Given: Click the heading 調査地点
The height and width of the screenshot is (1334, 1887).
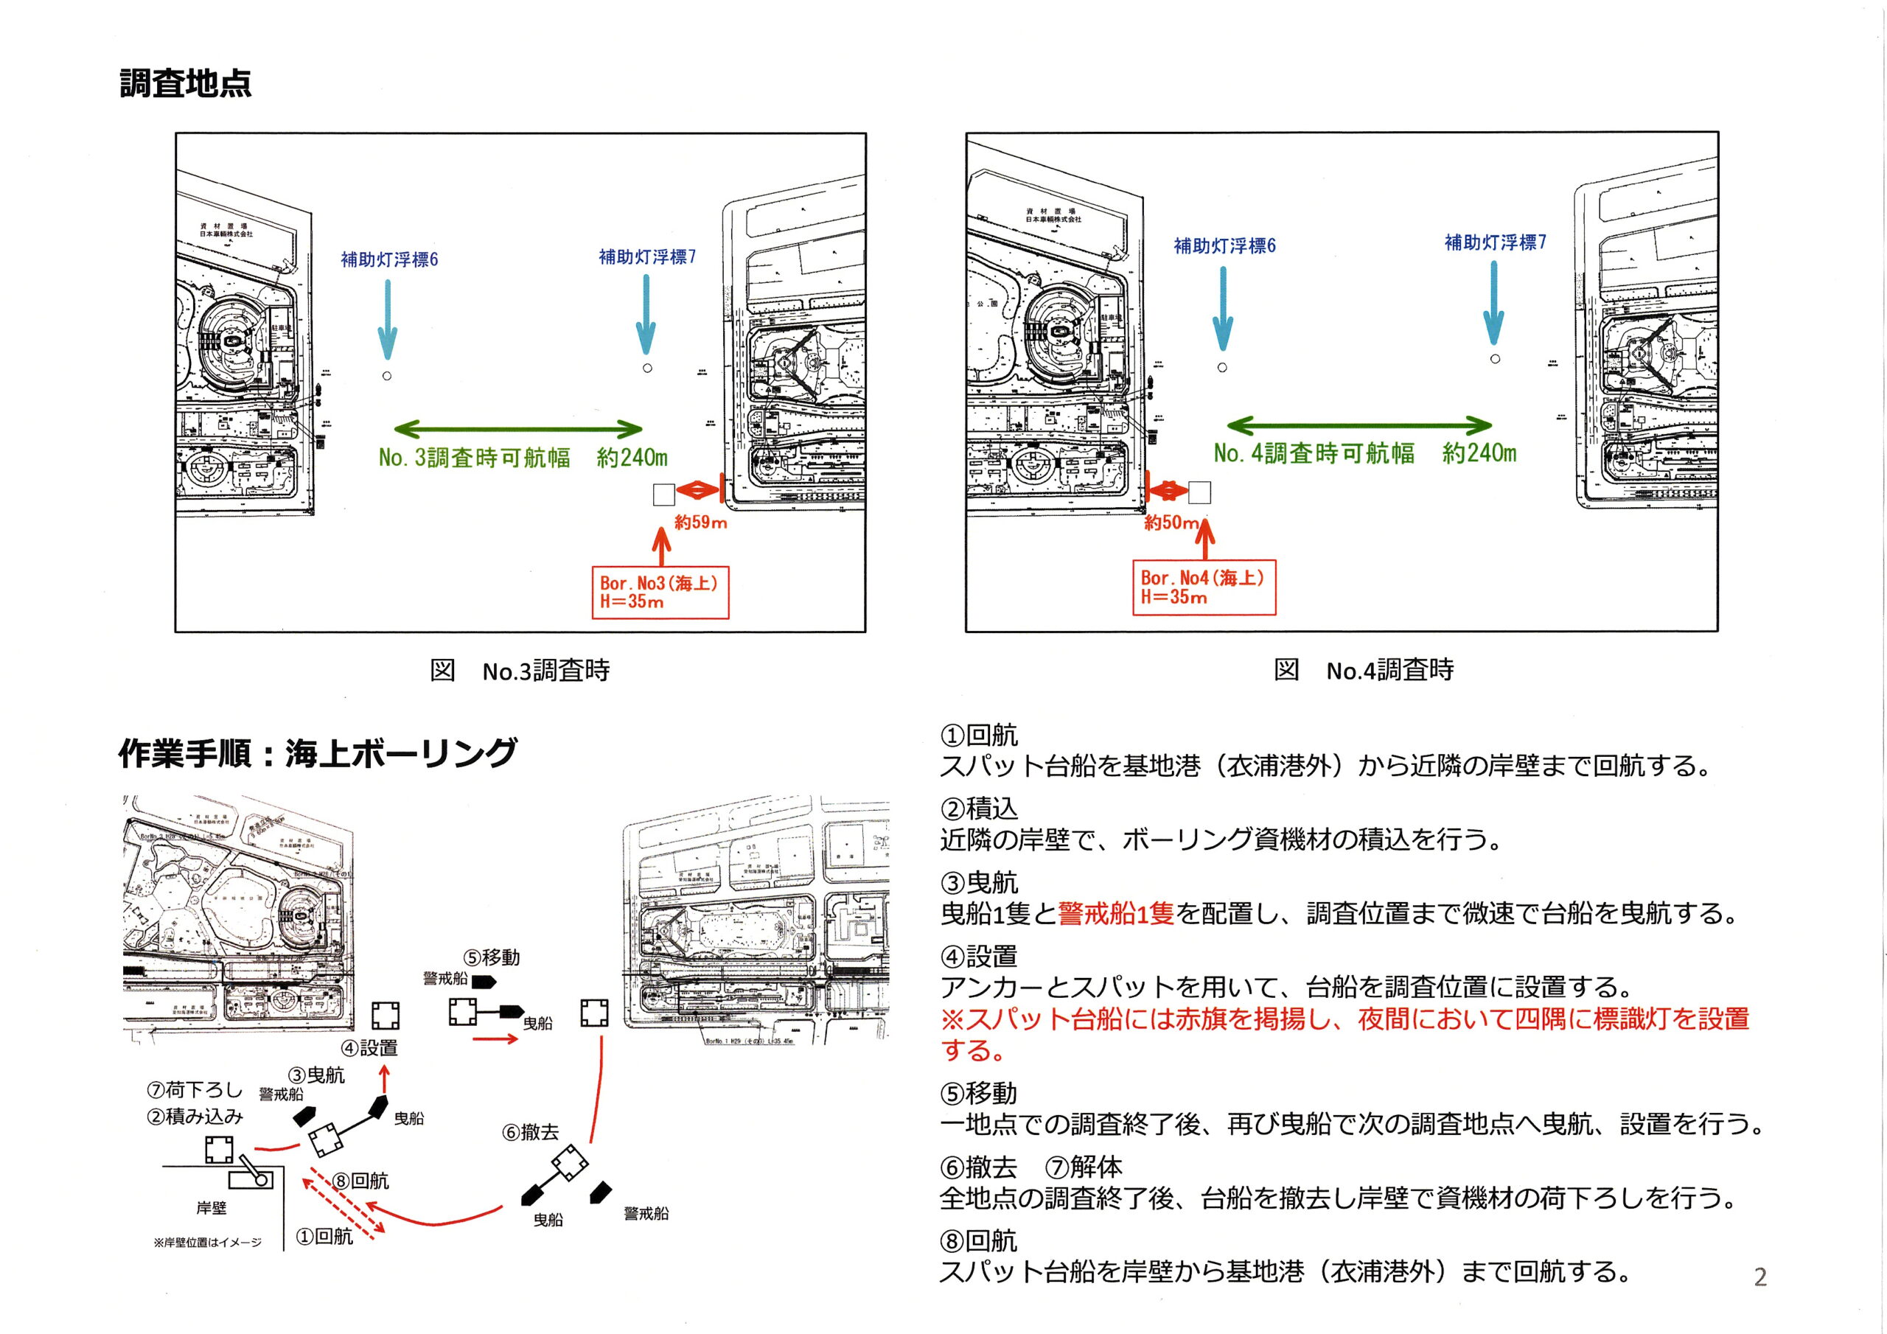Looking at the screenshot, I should (186, 84).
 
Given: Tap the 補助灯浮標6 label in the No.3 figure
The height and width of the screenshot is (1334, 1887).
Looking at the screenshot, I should (390, 259).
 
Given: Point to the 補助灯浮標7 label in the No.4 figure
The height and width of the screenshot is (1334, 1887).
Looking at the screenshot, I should (1495, 242).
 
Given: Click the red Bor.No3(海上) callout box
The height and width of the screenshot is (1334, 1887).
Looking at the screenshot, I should (659, 591).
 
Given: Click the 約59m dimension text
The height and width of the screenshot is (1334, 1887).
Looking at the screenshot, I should (700, 523).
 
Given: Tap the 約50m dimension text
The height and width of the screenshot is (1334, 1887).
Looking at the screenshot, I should (1171, 523).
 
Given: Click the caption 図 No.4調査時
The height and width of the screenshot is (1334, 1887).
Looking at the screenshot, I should (1364, 670).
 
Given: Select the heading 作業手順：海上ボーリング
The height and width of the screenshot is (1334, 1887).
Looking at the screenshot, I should (318, 753).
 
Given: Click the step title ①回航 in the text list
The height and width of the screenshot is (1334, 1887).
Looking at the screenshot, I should (979, 734).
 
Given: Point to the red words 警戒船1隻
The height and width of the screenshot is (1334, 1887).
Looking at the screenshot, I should (1115, 913).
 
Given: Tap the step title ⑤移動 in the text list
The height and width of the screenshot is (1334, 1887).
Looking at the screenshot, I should (979, 1093).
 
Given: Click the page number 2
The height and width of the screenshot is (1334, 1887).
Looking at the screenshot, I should (1759, 1277).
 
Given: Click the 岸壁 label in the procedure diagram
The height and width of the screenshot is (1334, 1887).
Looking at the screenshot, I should (212, 1207).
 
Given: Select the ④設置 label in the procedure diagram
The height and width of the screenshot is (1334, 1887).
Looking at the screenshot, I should (370, 1047).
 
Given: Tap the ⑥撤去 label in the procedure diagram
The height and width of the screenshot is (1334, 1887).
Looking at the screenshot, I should (531, 1132).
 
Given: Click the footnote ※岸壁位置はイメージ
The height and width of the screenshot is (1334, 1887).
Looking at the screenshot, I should (208, 1242).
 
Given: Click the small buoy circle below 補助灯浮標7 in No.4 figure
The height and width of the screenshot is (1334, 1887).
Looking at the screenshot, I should (1495, 358).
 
